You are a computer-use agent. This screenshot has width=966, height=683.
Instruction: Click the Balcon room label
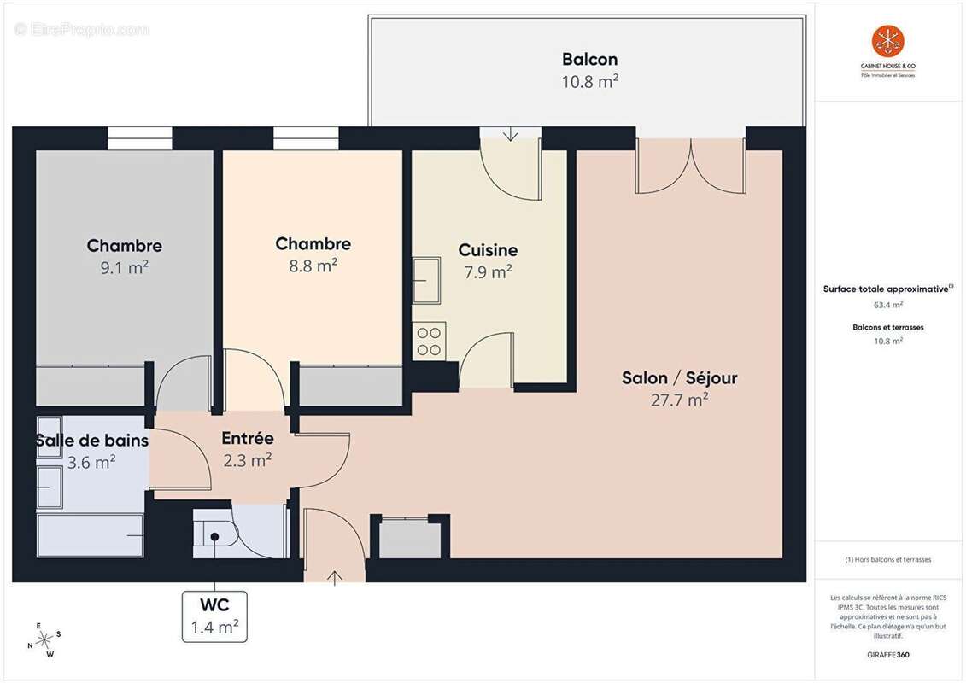tap(589, 60)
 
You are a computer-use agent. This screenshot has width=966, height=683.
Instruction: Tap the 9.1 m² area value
tap(124, 267)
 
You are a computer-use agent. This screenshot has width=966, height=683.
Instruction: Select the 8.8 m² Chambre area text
tap(313, 266)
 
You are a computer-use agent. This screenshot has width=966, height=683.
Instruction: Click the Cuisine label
tap(488, 250)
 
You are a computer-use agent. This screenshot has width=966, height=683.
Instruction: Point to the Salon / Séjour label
tap(679, 377)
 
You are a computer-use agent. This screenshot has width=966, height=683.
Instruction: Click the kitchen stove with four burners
tap(429, 341)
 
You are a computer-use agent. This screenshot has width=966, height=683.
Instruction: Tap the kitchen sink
tap(426, 281)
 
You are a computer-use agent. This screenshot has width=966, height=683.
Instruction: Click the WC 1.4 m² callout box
tap(214, 616)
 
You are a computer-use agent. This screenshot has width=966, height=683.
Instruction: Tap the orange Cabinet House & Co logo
tap(887, 41)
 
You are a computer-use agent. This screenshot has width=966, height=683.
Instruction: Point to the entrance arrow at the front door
tap(334, 577)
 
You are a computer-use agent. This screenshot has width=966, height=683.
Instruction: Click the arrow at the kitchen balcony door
tap(511, 134)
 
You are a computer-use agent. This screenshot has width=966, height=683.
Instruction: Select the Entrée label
tap(248, 439)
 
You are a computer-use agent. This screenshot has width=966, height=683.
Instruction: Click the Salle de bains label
tap(92, 441)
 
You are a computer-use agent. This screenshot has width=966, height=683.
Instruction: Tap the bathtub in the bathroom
tap(90, 535)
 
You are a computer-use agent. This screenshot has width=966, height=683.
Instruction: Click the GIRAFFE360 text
tap(888, 655)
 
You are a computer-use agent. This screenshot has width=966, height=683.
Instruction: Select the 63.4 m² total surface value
tap(888, 304)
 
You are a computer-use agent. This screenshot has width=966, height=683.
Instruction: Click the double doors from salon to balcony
tap(690, 165)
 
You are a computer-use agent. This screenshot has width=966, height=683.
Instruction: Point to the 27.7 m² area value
tap(679, 400)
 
